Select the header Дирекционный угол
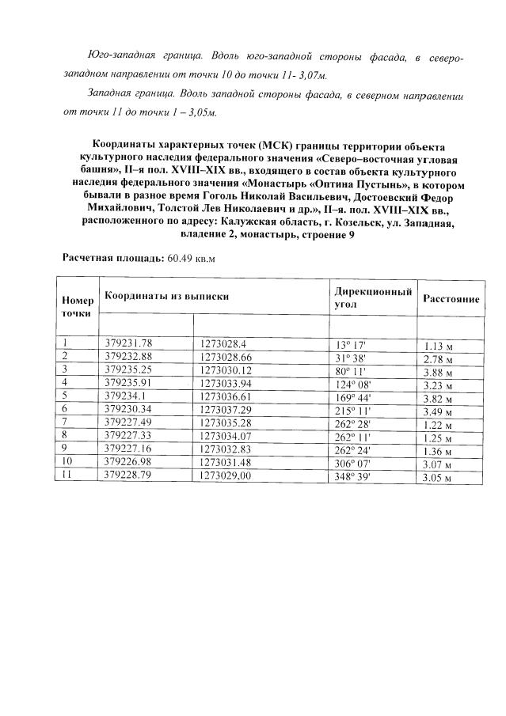tap(373, 297)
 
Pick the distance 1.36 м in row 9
tap(438, 450)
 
